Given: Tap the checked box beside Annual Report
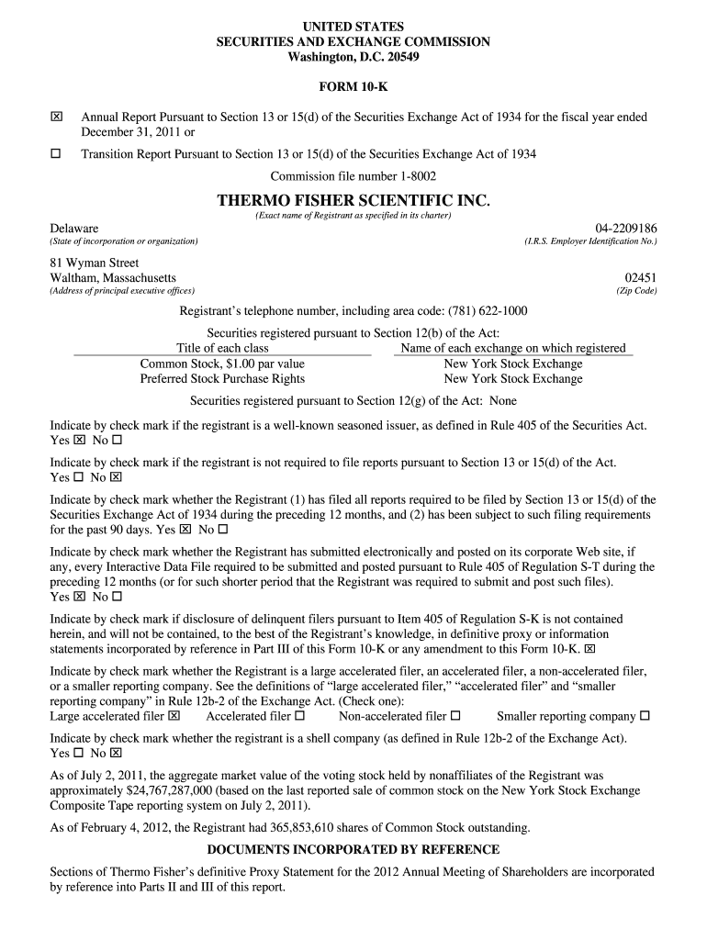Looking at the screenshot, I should (56, 117).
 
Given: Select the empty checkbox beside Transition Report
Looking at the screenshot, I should (56, 153).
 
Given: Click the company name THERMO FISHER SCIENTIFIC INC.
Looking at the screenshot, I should (353, 200).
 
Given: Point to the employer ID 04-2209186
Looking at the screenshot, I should (626, 228).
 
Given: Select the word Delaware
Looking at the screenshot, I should (74, 228).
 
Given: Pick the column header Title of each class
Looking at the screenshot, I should (222, 348).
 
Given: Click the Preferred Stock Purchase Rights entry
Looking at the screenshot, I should (222, 378).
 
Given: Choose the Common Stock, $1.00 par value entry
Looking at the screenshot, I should (222, 364).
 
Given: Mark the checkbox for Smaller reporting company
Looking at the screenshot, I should (645, 716).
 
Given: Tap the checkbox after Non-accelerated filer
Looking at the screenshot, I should (456, 716).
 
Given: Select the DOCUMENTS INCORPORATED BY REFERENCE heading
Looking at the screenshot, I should (353, 849).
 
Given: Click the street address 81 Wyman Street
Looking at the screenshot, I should (95, 263).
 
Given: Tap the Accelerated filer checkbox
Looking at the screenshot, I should (300, 716).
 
